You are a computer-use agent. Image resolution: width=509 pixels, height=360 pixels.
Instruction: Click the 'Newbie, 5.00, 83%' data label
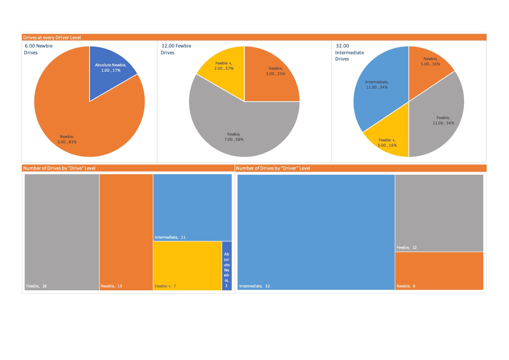pos(67,139)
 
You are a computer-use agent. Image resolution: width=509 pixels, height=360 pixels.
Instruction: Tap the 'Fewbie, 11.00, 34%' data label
pos(443,120)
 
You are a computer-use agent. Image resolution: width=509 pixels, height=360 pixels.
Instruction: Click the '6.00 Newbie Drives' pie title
pos(38,49)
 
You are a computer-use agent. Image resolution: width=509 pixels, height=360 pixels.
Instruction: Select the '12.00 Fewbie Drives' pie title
pos(176,49)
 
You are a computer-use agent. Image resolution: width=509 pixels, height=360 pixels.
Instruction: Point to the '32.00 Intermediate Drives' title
pos(349,53)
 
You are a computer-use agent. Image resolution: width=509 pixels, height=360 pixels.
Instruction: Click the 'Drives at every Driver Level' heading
pos(52,38)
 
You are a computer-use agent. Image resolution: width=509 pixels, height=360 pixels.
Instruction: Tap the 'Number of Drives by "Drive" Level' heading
pos(59,168)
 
